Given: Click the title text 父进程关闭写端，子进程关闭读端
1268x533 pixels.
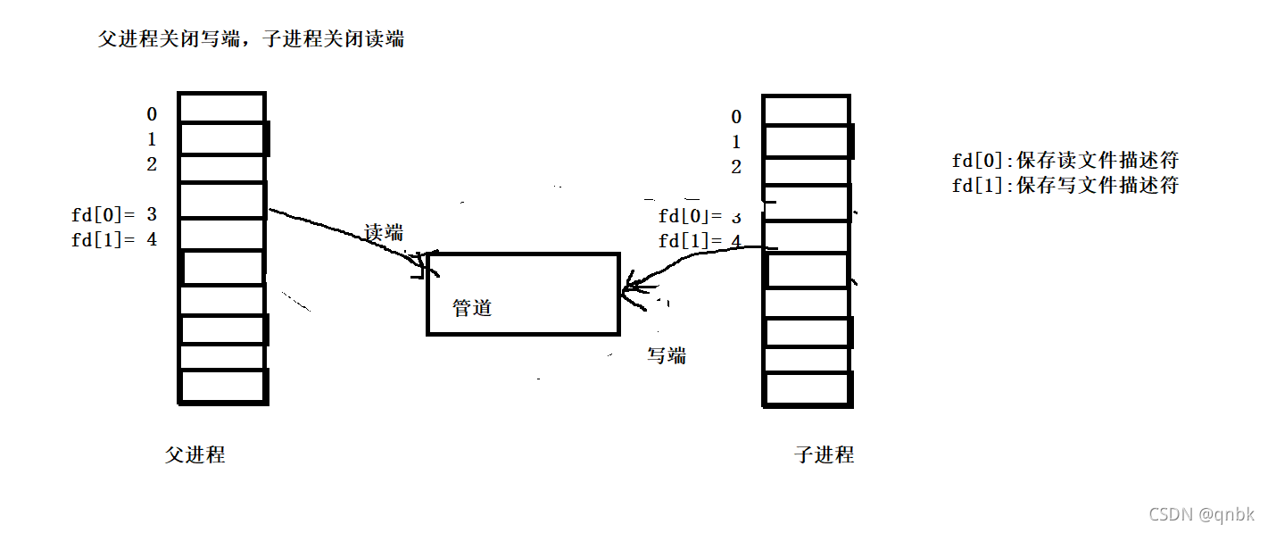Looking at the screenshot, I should click(x=251, y=39).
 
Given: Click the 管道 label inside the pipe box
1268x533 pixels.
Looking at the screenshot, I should click(x=472, y=309).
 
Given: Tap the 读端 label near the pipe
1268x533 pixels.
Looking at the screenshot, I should click(x=384, y=233).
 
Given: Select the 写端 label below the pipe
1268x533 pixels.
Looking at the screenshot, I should click(x=667, y=355).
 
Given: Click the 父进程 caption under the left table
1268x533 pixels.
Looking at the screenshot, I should click(x=195, y=454).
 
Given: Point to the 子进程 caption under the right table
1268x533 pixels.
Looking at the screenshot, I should click(x=824, y=454).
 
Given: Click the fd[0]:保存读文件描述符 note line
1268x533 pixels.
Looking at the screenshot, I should click(x=1065, y=161).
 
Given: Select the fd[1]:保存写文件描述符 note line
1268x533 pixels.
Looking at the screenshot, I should click(x=1065, y=186).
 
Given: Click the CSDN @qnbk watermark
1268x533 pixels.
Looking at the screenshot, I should click(x=1201, y=514).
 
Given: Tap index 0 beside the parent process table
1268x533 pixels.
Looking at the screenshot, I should click(x=152, y=114).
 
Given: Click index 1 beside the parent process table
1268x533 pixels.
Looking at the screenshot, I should click(x=152, y=139).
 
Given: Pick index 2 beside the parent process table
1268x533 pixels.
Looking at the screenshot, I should click(x=152, y=164).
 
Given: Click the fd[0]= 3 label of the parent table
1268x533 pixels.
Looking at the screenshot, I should click(x=114, y=214).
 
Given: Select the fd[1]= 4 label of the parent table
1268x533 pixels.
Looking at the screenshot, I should click(x=114, y=239).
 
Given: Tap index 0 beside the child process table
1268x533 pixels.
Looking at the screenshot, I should click(x=736, y=117).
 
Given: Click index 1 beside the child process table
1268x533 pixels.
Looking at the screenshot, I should click(x=736, y=142).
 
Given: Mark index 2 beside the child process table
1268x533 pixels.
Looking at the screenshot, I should click(x=736, y=167).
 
